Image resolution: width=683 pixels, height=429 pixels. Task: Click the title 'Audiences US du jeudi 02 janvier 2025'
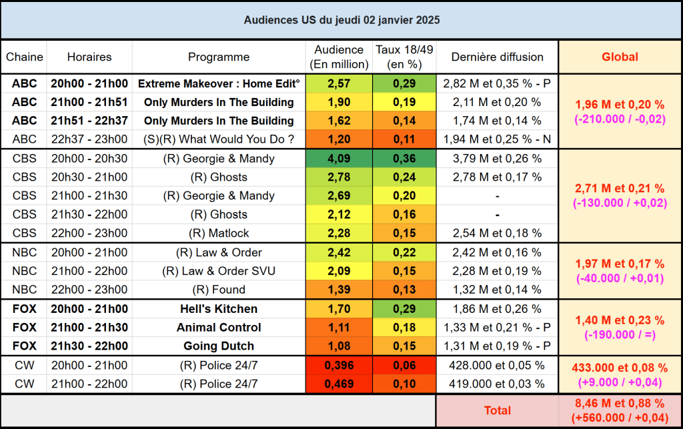click(x=341, y=20)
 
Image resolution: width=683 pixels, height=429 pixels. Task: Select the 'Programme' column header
click(x=219, y=57)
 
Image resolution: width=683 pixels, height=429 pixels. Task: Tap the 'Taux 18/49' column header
click(x=404, y=57)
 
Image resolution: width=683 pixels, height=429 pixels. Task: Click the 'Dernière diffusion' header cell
click(x=498, y=57)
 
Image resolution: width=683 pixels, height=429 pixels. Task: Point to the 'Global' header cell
click(x=620, y=57)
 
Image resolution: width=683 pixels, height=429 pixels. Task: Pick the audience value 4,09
click(x=339, y=159)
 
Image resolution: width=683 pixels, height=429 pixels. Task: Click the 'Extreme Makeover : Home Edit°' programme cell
click(x=219, y=84)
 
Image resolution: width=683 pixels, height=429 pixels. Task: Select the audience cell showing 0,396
click(x=339, y=366)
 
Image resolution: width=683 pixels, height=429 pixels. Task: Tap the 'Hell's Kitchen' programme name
click(x=219, y=310)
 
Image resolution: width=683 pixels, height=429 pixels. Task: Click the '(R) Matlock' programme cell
click(x=219, y=234)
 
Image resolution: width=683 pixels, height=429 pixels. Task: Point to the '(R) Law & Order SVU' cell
click(x=219, y=272)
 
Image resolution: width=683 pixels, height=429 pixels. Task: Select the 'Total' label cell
click(x=497, y=411)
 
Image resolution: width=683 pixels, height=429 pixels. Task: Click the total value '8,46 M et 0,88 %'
click(x=620, y=404)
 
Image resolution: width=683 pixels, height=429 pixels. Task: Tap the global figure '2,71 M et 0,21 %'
click(x=620, y=189)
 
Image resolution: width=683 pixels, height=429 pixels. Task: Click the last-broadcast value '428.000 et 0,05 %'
click(x=498, y=366)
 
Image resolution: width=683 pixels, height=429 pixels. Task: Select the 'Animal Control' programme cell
click(x=219, y=328)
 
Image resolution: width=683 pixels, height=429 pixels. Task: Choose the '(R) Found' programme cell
click(x=219, y=290)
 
